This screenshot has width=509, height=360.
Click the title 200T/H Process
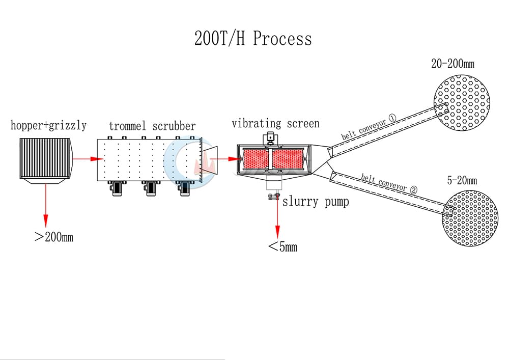[253, 38]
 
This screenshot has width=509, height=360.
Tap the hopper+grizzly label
[49, 125]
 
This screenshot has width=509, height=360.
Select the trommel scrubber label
[152, 126]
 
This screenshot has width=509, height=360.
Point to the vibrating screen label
[275, 123]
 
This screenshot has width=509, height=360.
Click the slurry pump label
[316, 202]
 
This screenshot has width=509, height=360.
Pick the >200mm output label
[54, 237]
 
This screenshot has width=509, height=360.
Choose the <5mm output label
[282, 247]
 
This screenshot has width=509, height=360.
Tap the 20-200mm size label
[453, 64]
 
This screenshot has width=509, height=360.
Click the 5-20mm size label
[462, 180]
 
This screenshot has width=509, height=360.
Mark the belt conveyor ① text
[369, 127]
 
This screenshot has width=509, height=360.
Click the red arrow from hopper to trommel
[88, 159]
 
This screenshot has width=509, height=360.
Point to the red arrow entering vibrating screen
[225, 159]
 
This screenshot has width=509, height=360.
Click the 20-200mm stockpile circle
[462, 103]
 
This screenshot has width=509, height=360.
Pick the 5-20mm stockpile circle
[470, 218]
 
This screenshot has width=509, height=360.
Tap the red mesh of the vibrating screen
[273, 159]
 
